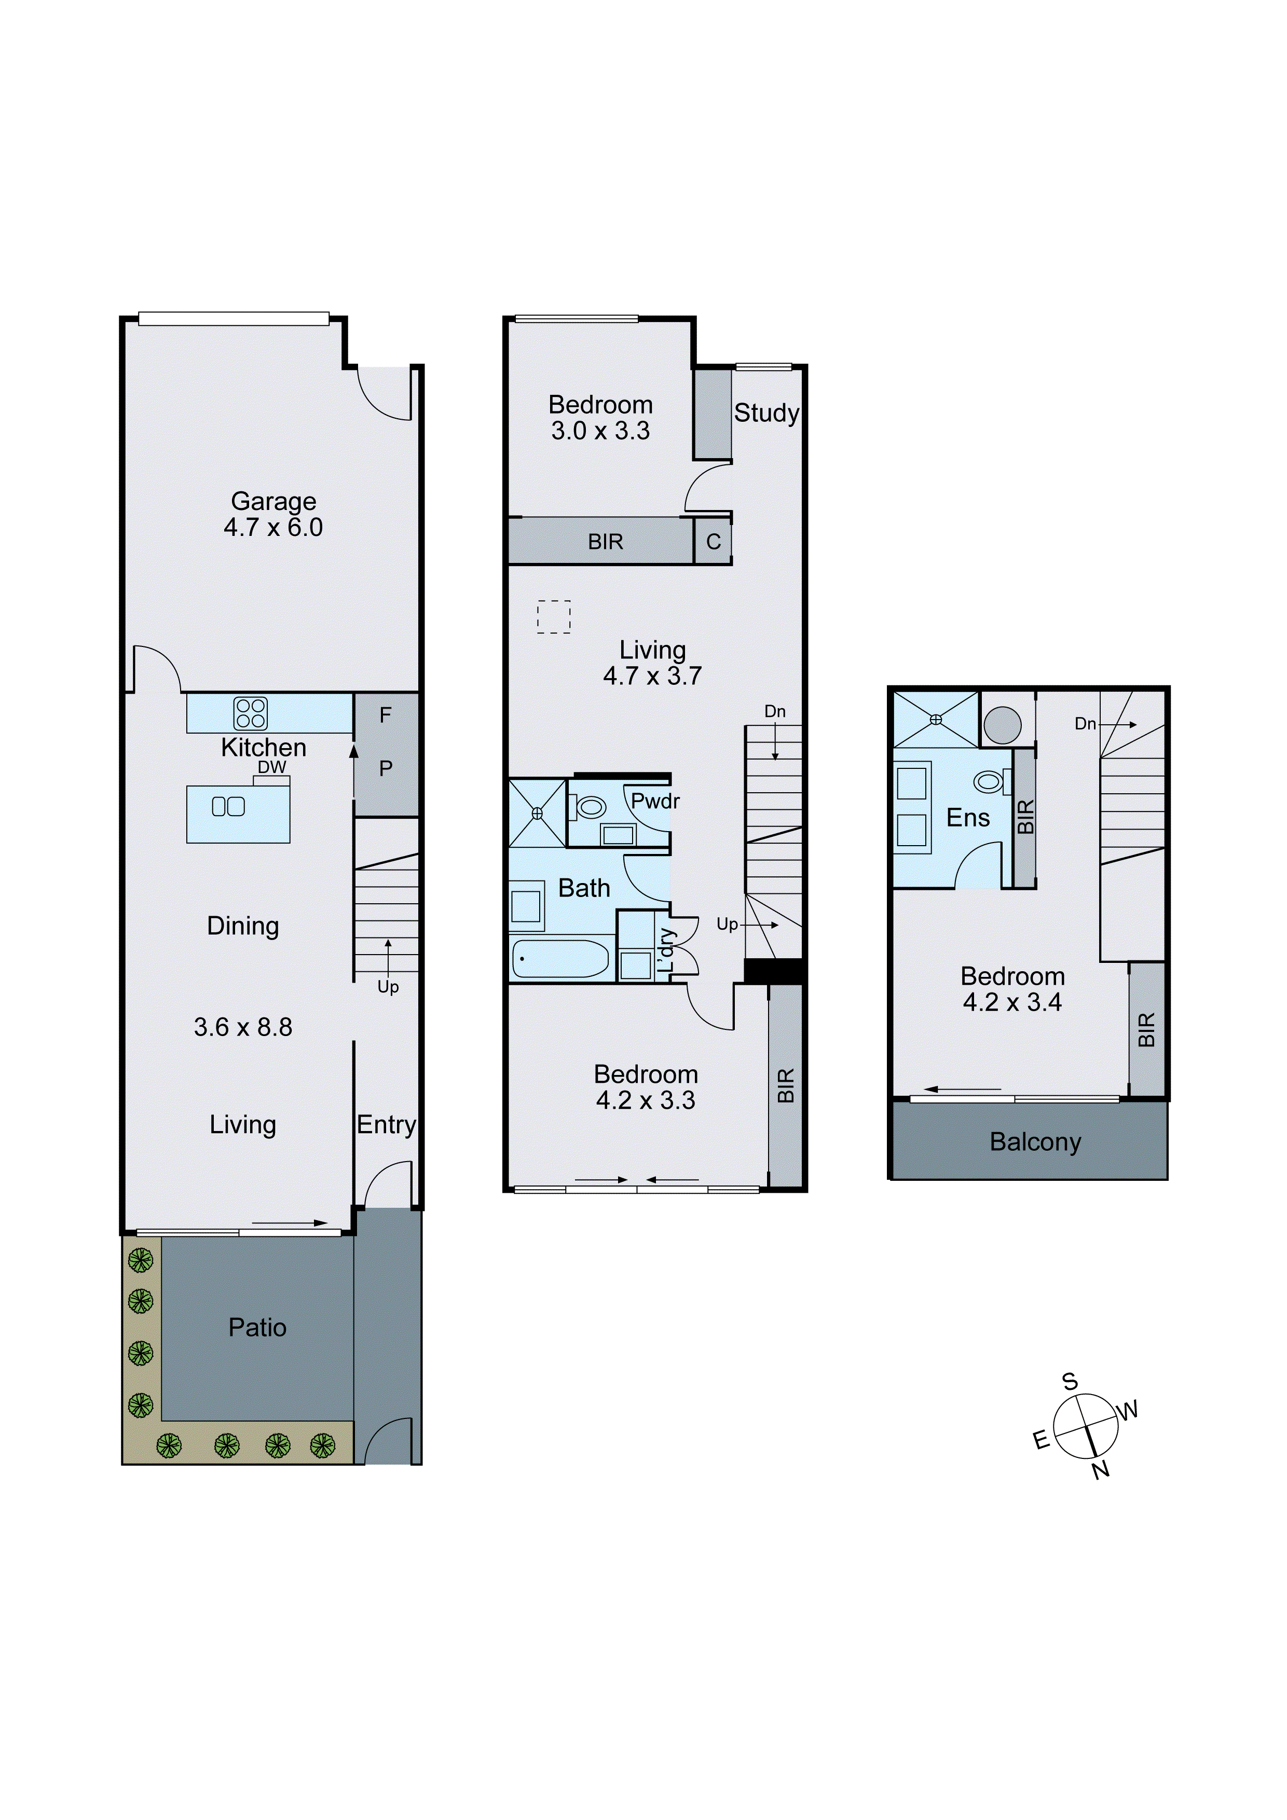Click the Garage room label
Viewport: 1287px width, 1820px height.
tap(273, 501)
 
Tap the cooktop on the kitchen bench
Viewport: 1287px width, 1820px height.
tap(251, 713)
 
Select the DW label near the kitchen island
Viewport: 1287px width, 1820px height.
tap(272, 767)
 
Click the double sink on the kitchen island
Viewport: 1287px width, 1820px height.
tap(228, 807)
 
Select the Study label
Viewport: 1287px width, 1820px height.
tap(766, 413)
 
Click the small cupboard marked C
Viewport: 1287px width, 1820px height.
tap(713, 542)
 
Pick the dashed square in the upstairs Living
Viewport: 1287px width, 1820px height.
tap(554, 617)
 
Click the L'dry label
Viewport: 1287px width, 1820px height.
tap(666, 949)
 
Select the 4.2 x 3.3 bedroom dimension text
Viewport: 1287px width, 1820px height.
tap(646, 1100)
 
